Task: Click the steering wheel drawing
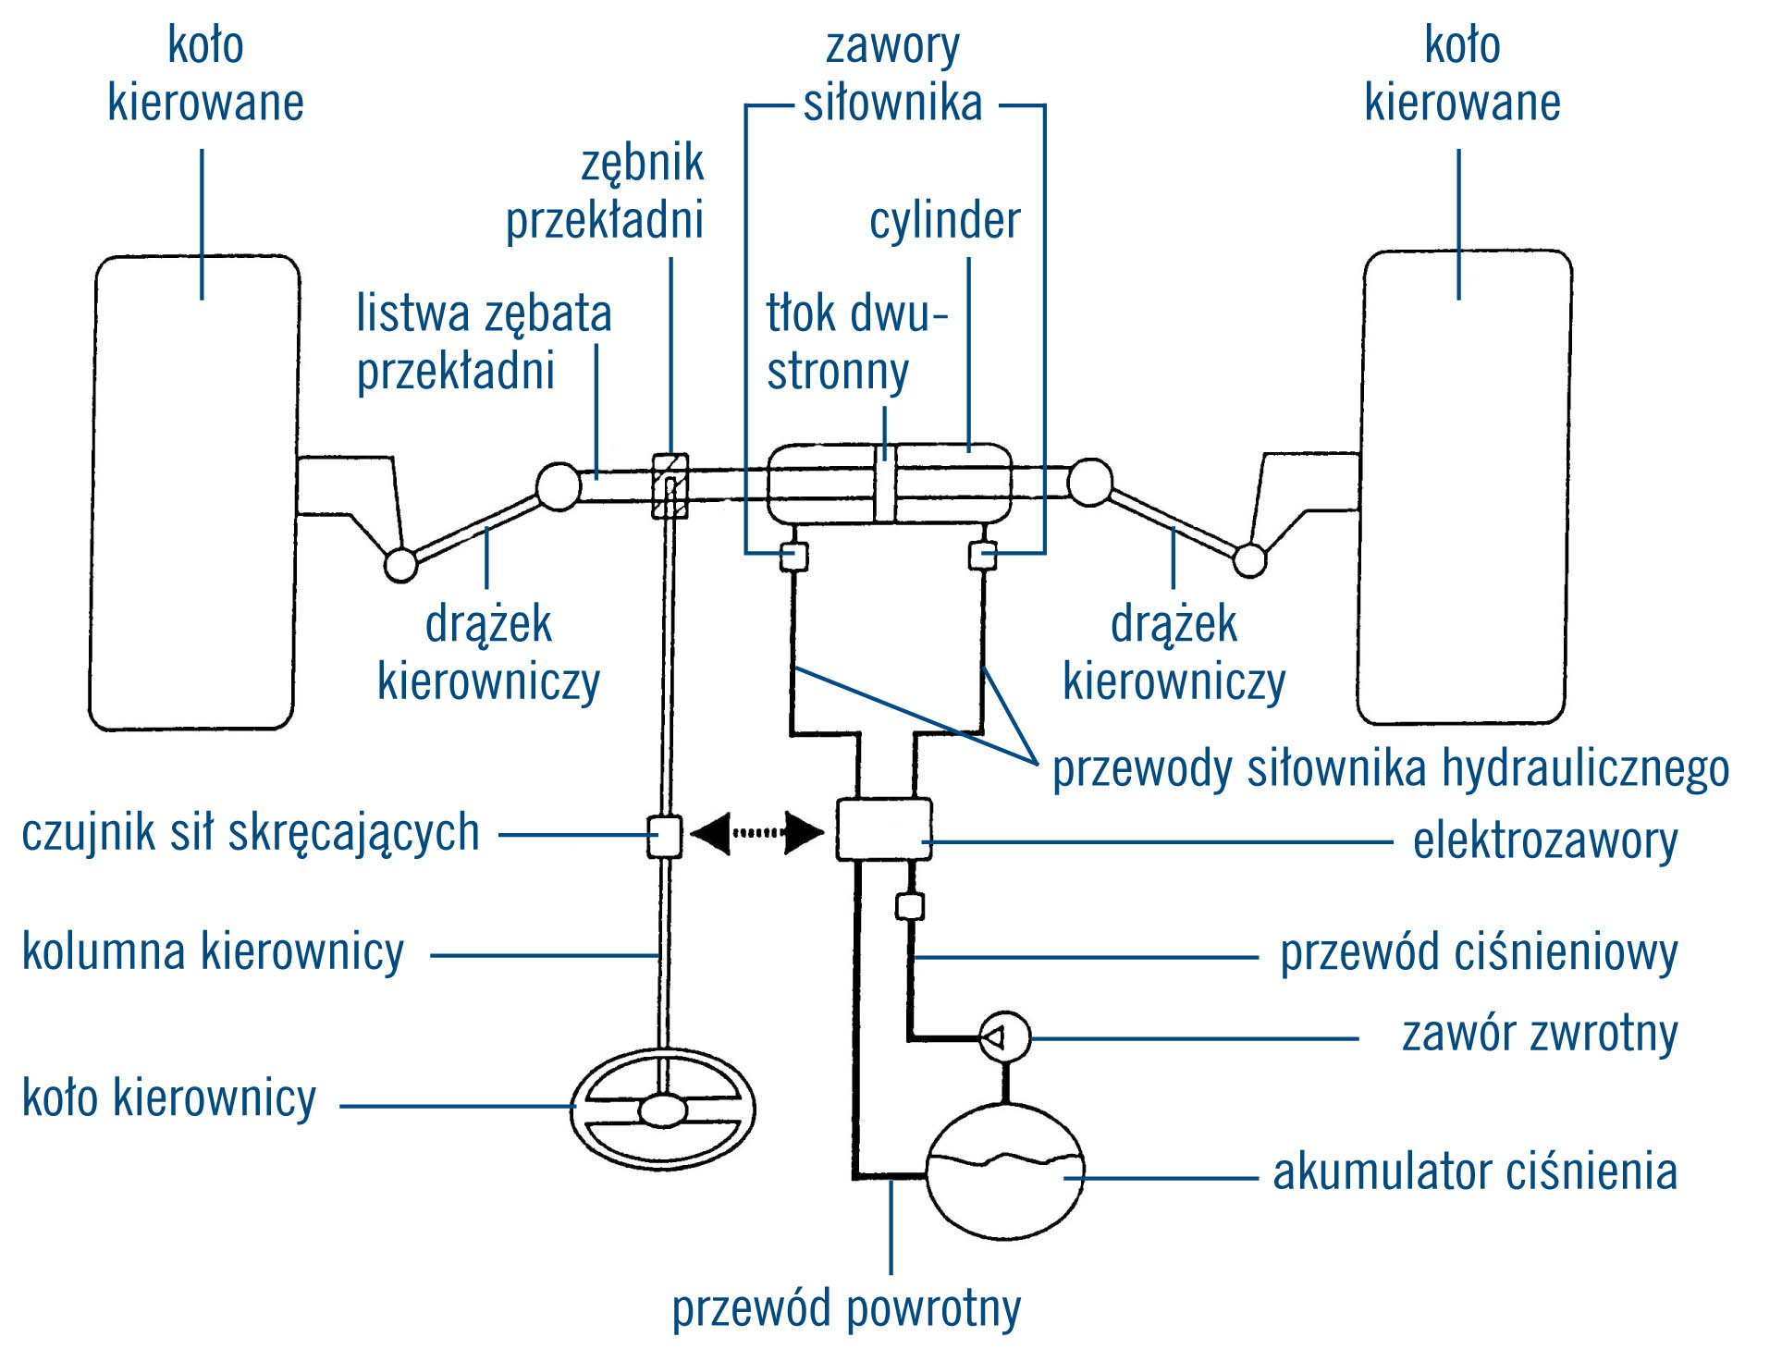pyautogui.click(x=663, y=1110)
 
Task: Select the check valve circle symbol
pyautogui.click(x=1004, y=1037)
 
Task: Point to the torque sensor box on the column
pyautogui.click(x=664, y=836)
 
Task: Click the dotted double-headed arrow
pyautogui.click(x=757, y=832)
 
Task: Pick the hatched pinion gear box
pyautogui.click(x=670, y=485)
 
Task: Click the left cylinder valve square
pyautogui.click(x=793, y=557)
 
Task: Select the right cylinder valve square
pyautogui.click(x=982, y=556)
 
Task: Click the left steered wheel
pyautogui.click(x=194, y=493)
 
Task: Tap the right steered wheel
pyautogui.click(x=1465, y=487)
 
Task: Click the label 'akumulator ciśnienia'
pyautogui.click(x=1475, y=1172)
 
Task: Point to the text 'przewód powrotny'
pyautogui.click(x=846, y=1308)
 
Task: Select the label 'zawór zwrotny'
pyautogui.click(x=1540, y=1034)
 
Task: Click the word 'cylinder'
pyautogui.click(x=944, y=221)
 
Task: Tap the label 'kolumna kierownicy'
pyautogui.click(x=213, y=952)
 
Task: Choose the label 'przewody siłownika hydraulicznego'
pyautogui.click(x=1391, y=769)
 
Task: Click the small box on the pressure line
pyautogui.click(x=910, y=905)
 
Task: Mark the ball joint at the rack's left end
pyautogui.click(x=559, y=485)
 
